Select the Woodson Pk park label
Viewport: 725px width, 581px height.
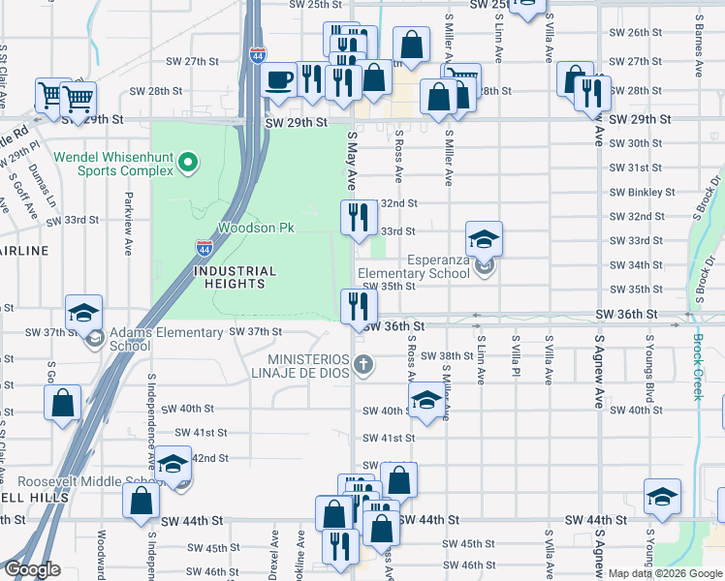coord(255,228)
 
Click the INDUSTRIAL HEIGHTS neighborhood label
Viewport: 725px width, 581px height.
coord(235,278)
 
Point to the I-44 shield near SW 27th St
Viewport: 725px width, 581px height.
coord(256,56)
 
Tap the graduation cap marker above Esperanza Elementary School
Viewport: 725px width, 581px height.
coord(485,238)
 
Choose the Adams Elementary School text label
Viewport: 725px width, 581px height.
coord(167,339)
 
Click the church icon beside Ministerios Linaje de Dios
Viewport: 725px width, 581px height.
coord(363,365)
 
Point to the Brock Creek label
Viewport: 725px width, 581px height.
coord(698,366)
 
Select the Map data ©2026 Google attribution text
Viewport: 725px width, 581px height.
coord(664,573)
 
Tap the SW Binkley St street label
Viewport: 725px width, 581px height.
coord(643,192)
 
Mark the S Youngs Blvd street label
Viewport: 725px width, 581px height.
coord(649,374)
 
